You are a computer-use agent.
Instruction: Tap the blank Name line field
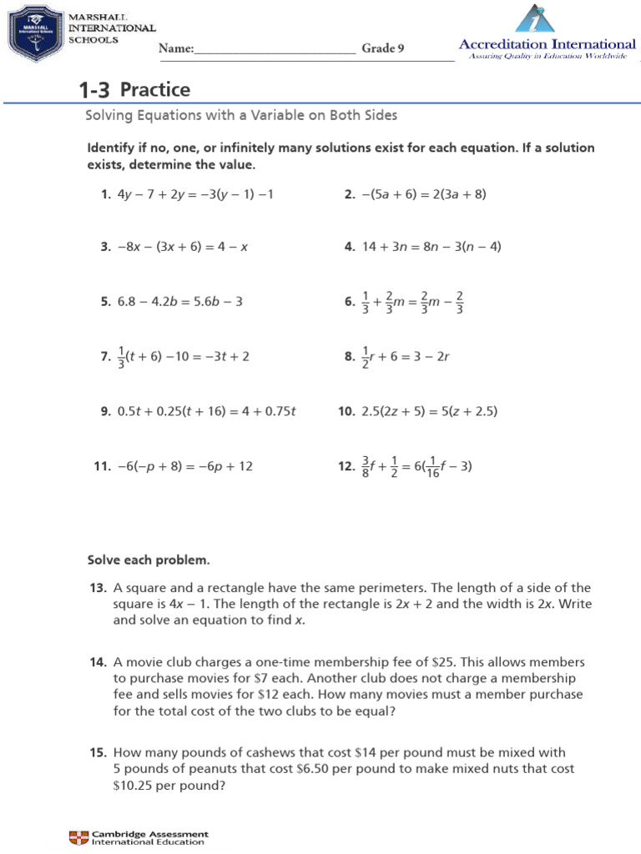pyautogui.click(x=275, y=49)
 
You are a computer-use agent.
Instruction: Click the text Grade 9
pyautogui.click(x=382, y=48)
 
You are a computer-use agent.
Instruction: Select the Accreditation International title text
pyautogui.click(x=548, y=43)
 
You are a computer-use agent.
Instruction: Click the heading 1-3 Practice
pyautogui.click(x=134, y=89)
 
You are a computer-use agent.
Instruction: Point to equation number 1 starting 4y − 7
pyautogui.click(x=195, y=194)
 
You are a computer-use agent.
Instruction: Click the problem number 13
pyautogui.click(x=98, y=588)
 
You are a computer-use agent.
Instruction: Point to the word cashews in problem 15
pyautogui.click(x=243, y=752)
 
